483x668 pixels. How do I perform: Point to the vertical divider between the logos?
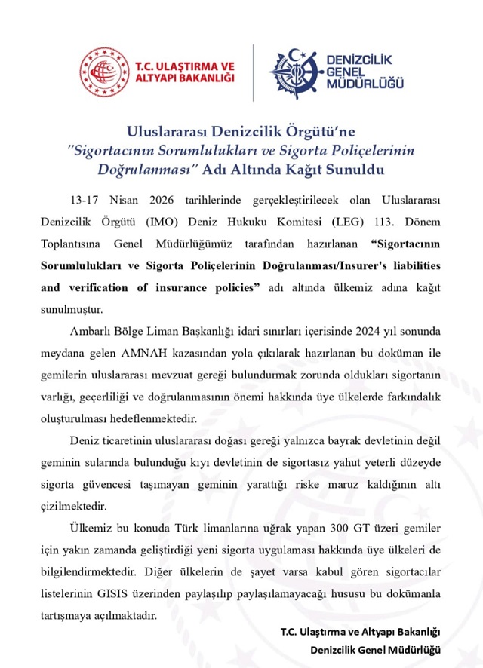pyautogui.click(x=252, y=72)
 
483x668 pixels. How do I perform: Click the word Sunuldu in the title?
pyautogui.click(x=350, y=169)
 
